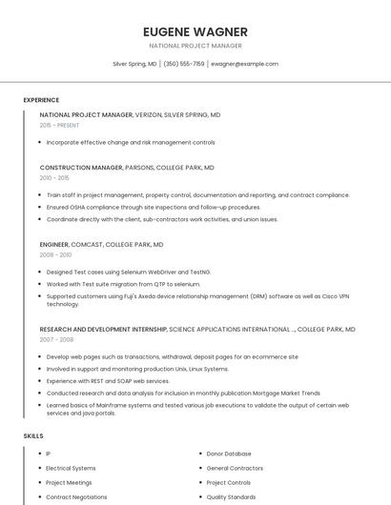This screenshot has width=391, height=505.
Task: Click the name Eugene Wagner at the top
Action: (195, 31)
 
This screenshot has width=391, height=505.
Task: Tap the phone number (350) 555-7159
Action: (184, 64)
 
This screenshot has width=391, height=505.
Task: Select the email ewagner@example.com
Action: (245, 64)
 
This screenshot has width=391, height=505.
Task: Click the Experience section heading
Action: (41, 100)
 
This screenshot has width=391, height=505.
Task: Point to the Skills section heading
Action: (33, 435)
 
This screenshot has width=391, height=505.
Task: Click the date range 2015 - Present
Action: (59, 125)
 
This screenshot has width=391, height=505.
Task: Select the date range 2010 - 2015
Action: (54, 178)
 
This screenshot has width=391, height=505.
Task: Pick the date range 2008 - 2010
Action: (55, 255)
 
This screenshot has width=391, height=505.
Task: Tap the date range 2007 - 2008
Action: (56, 339)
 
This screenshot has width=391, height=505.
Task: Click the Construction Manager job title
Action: (81, 168)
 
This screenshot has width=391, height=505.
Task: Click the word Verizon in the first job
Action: (148, 114)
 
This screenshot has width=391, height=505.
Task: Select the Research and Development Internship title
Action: (103, 329)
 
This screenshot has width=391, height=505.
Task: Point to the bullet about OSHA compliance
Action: (153, 207)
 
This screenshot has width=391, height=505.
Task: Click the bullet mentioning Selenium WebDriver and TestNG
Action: (129, 272)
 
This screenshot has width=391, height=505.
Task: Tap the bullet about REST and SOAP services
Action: (108, 380)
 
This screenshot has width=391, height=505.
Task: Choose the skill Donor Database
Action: (229, 454)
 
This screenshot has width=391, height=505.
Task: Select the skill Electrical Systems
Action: (71, 468)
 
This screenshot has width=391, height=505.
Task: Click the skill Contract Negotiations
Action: (76, 496)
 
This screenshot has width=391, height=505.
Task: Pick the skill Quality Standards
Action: (231, 496)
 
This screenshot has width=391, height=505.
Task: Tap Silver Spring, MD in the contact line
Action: (134, 64)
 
